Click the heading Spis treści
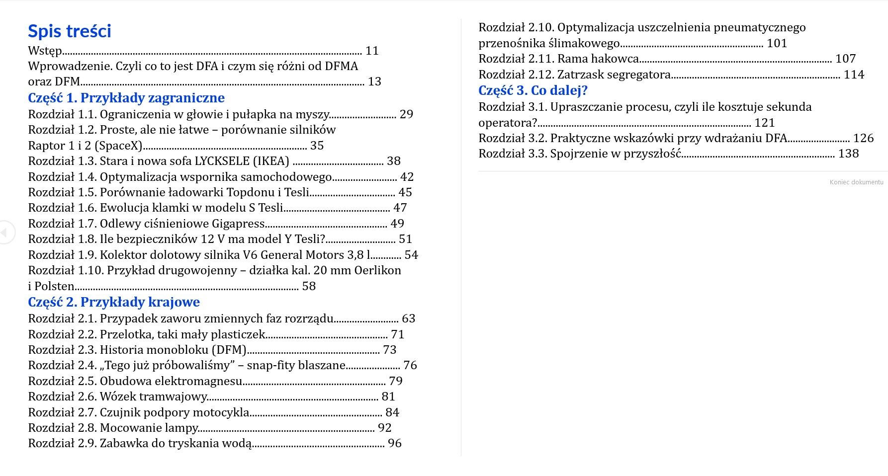(70, 31)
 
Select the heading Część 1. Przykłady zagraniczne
(126, 98)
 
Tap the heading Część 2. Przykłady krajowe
(114, 302)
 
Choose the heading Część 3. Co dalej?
(533, 90)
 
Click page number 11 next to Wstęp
(372, 51)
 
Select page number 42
(407, 177)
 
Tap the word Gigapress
(238, 224)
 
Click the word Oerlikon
(377, 270)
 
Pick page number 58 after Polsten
(309, 286)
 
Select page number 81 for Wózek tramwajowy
(388, 397)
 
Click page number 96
(394, 443)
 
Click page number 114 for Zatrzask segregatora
(854, 75)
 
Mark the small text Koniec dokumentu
(856, 182)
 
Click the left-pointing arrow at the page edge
(4, 232)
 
